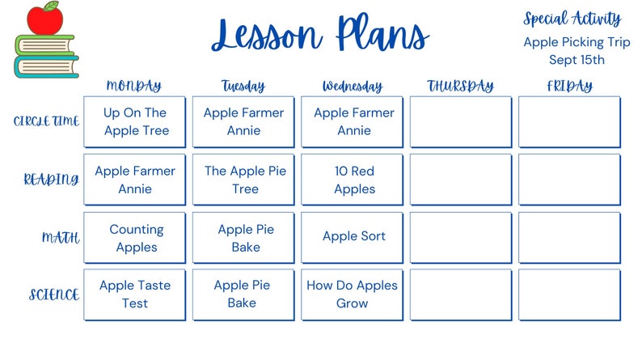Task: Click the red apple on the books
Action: (44, 19)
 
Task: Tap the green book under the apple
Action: (44, 44)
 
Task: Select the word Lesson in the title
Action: (266, 36)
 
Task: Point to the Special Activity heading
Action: (572, 19)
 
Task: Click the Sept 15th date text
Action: (577, 59)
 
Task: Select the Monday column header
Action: (133, 86)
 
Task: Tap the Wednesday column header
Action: (353, 86)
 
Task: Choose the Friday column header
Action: (568, 86)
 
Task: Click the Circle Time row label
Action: (47, 121)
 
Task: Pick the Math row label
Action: (61, 238)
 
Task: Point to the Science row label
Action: (53, 295)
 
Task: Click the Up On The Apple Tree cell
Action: (135, 122)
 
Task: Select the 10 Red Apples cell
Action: (354, 180)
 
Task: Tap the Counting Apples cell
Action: (136, 238)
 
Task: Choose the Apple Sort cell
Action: (353, 236)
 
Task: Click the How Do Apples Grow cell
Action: (353, 294)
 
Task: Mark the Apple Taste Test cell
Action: (135, 294)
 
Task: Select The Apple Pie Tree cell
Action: (245, 180)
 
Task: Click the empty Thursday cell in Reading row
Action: (461, 180)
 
